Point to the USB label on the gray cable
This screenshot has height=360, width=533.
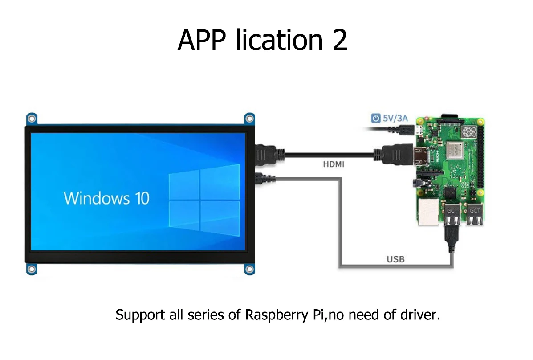click(x=395, y=258)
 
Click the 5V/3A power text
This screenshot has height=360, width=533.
click(x=395, y=119)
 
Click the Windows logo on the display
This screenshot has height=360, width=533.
click(x=204, y=197)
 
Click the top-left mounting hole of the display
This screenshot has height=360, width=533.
click(x=31, y=119)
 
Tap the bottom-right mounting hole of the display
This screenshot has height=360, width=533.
click(x=249, y=269)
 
